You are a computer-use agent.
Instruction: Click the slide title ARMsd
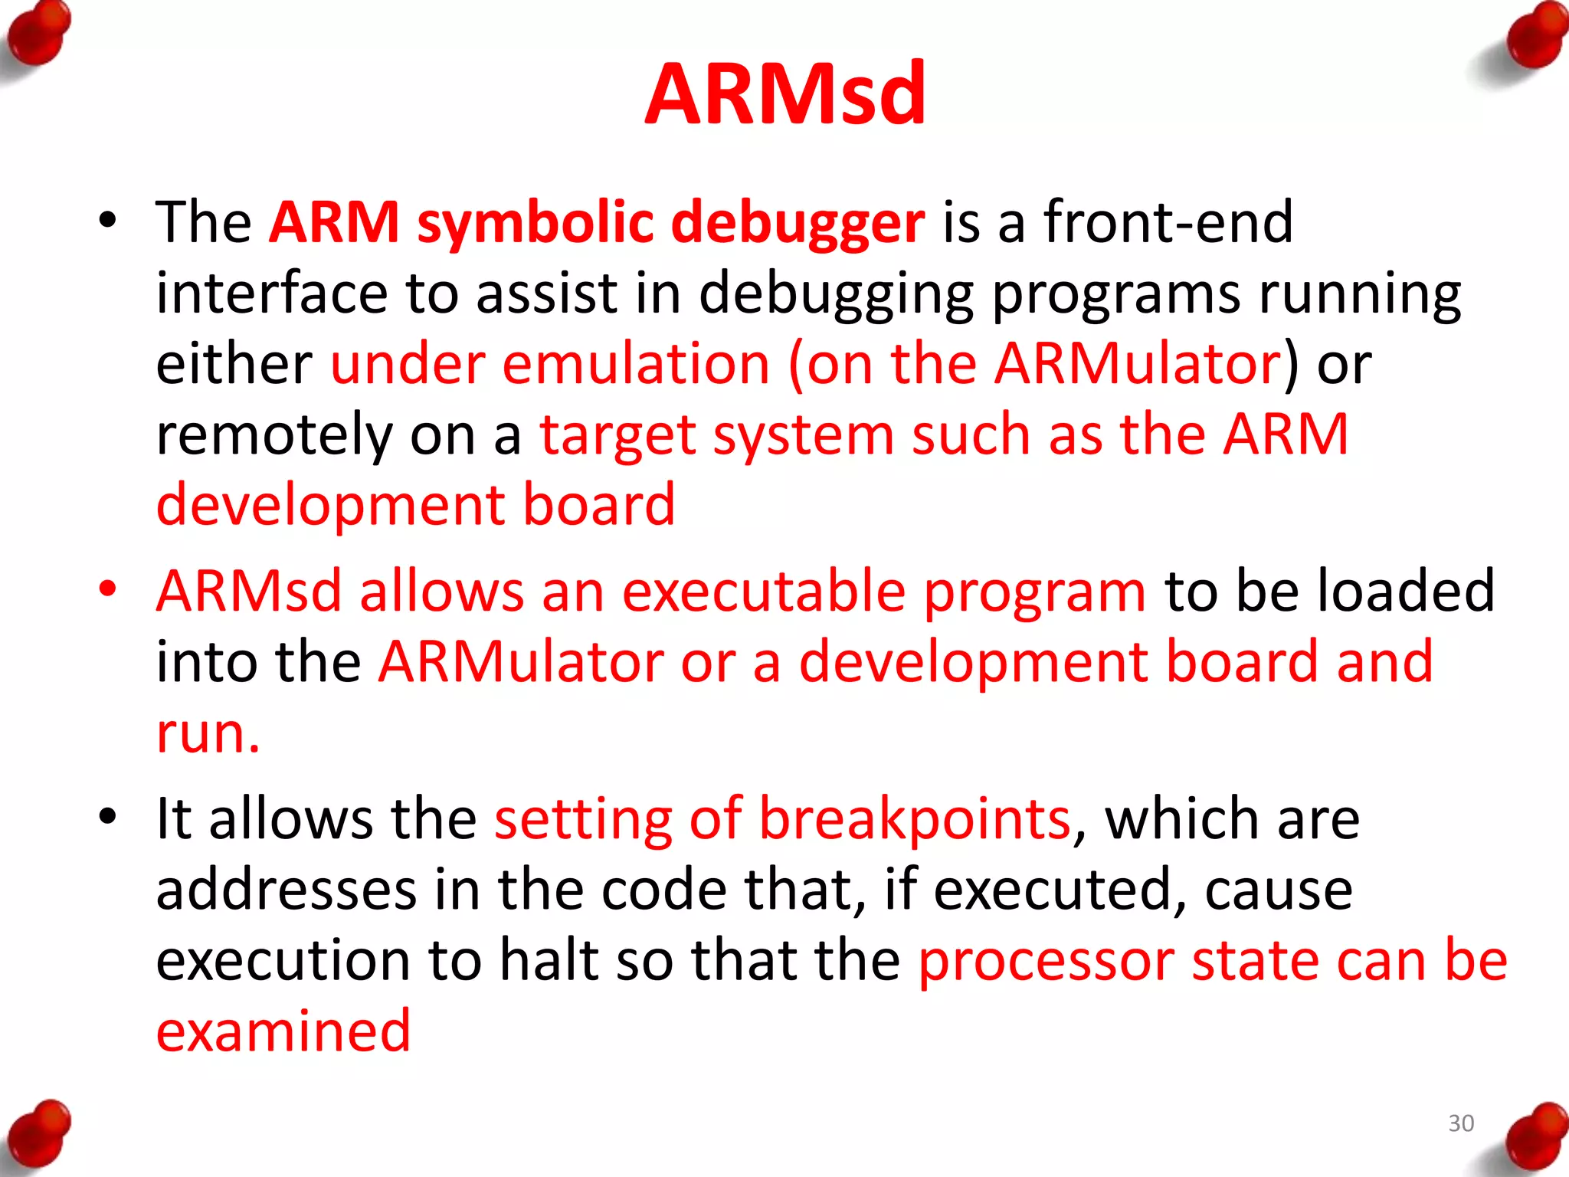coord(785,93)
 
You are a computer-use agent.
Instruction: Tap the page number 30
coord(1461,1123)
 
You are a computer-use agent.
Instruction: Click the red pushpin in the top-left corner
coord(38,34)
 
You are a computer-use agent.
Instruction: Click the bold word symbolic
coord(535,223)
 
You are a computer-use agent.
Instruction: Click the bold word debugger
coord(798,223)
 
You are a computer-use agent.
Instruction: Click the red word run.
coord(208,733)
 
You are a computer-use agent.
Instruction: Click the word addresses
coord(287,890)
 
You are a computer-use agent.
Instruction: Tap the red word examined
coord(283,1031)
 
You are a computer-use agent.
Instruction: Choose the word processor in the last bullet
coord(1047,960)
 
